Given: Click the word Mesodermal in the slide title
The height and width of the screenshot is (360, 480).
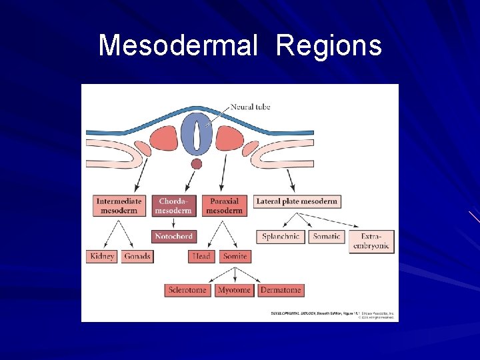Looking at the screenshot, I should (177, 46).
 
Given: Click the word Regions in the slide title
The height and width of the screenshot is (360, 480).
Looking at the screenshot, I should (329, 46).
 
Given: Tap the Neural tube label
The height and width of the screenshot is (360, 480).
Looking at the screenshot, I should (250, 107).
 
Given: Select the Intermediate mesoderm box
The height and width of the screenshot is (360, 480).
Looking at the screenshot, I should (119, 205).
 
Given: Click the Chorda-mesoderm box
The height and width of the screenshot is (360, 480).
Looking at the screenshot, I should (173, 205).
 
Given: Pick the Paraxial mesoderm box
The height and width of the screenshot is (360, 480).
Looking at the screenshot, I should (224, 205).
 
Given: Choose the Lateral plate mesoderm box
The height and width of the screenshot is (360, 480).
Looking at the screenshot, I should (297, 201).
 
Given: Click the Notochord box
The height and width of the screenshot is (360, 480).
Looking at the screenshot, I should (173, 236).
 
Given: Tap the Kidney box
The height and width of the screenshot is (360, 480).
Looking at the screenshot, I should (102, 256).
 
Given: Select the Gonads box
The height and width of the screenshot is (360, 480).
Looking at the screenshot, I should (137, 256).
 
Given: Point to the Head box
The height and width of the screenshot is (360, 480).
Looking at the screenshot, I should (201, 256).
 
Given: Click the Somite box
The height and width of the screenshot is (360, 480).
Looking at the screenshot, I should (235, 256).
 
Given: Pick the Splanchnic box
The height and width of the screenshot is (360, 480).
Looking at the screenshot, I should (281, 237).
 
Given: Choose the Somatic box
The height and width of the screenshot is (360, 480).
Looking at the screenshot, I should (327, 237).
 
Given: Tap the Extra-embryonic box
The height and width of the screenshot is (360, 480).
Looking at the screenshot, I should (371, 241).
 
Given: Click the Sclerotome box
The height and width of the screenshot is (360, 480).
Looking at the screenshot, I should (189, 290).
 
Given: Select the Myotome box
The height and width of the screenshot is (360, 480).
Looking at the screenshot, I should (234, 290).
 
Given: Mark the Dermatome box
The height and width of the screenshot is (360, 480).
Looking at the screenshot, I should (281, 290).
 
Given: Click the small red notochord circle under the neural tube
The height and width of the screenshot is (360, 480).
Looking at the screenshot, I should (196, 164).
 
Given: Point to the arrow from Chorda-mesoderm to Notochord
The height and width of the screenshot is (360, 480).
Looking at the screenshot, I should (173, 223).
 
